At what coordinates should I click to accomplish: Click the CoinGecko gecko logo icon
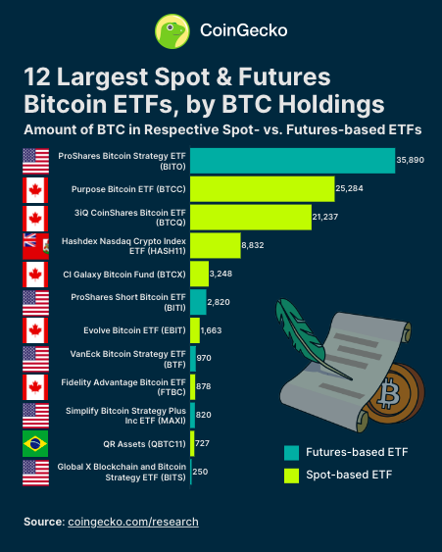172,31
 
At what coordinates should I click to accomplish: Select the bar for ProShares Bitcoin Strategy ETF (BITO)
292,161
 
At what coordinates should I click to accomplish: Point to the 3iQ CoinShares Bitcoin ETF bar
250,217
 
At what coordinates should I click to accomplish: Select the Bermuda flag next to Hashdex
35,245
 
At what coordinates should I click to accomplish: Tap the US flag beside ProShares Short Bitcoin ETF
35,302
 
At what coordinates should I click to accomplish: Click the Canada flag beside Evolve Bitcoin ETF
35,330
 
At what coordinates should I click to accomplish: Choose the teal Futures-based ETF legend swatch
291,452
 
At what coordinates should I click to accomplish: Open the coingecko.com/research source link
132,522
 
